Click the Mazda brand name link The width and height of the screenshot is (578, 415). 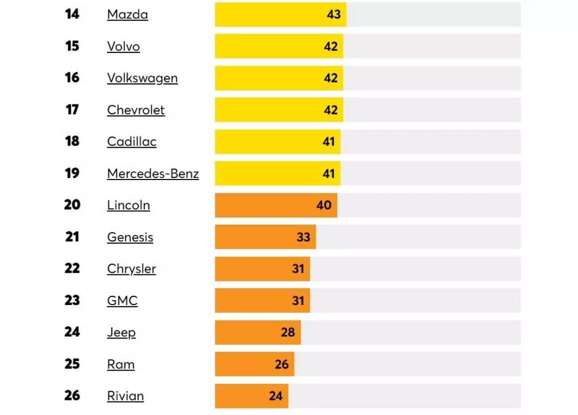click(127, 14)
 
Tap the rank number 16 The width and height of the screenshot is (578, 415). click(72, 77)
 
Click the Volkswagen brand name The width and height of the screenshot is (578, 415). click(142, 78)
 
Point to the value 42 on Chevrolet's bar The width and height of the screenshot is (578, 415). click(331, 110)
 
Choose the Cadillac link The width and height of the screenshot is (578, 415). click(131, 141)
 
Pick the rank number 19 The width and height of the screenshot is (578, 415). click(72, 173)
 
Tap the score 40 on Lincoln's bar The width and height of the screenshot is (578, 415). click(324, 205)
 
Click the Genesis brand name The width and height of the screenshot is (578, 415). click(130, 237)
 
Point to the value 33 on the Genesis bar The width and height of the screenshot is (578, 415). click(303, 237)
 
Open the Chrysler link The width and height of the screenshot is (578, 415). click(131, 269)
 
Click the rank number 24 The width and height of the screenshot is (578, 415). click(72, 332)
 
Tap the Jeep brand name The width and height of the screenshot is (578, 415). click(121, 332)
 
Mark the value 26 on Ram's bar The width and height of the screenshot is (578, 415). click(282, 364)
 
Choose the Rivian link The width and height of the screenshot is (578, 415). click(125, 396)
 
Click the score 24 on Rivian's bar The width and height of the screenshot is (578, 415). click(276, 396)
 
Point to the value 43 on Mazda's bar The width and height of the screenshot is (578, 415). click(334, 14)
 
